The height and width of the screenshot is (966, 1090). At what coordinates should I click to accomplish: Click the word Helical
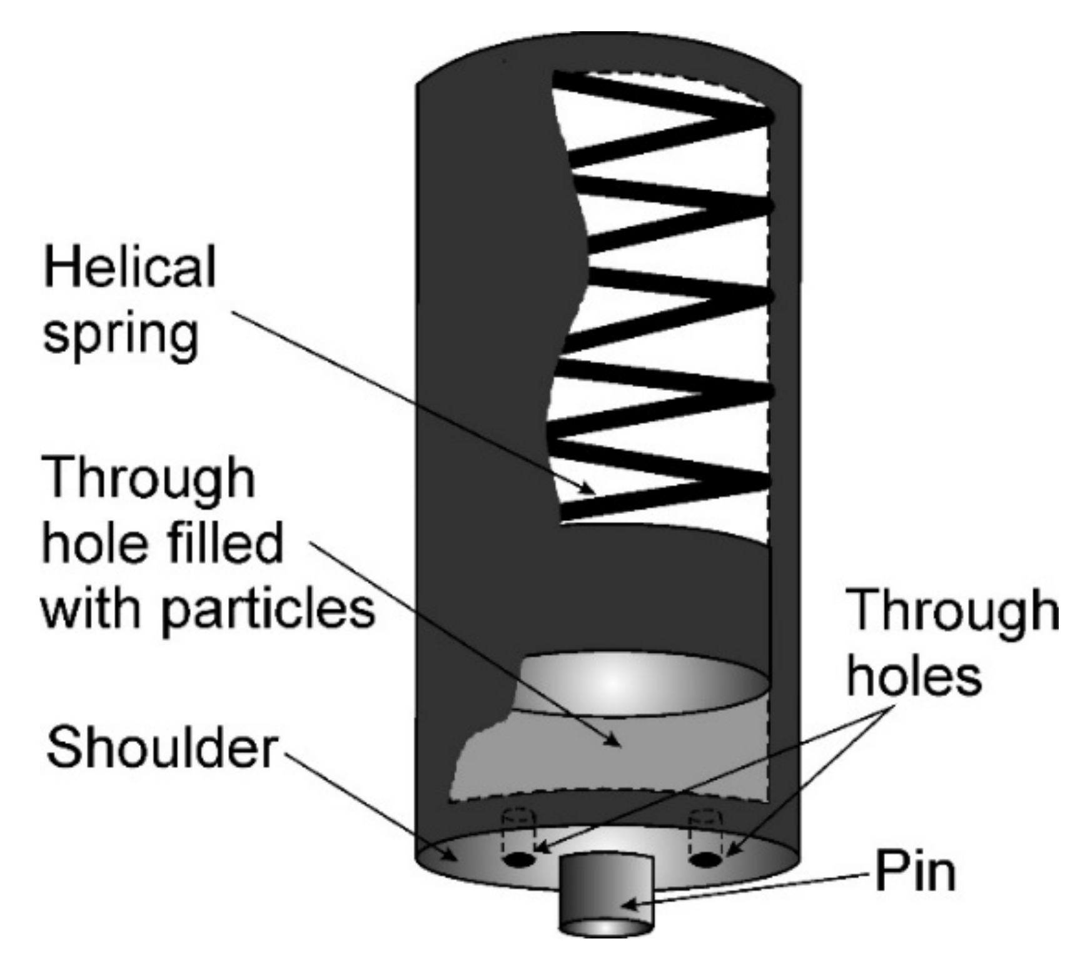click(x=129, y=268)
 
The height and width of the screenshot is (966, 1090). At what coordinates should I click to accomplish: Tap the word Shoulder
click(x=161, y=748)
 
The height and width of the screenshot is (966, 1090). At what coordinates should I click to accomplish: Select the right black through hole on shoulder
click(x=705, y=860)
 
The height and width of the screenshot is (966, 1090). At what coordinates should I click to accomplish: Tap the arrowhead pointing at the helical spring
click(x=588, y=488)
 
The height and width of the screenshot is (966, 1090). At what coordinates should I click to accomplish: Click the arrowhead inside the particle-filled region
click(x=614, y=741)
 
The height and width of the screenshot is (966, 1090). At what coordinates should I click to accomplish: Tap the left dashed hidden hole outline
click(x=520, y=828)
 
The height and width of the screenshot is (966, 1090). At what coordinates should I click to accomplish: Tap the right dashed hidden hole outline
click(x=705, y=828)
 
